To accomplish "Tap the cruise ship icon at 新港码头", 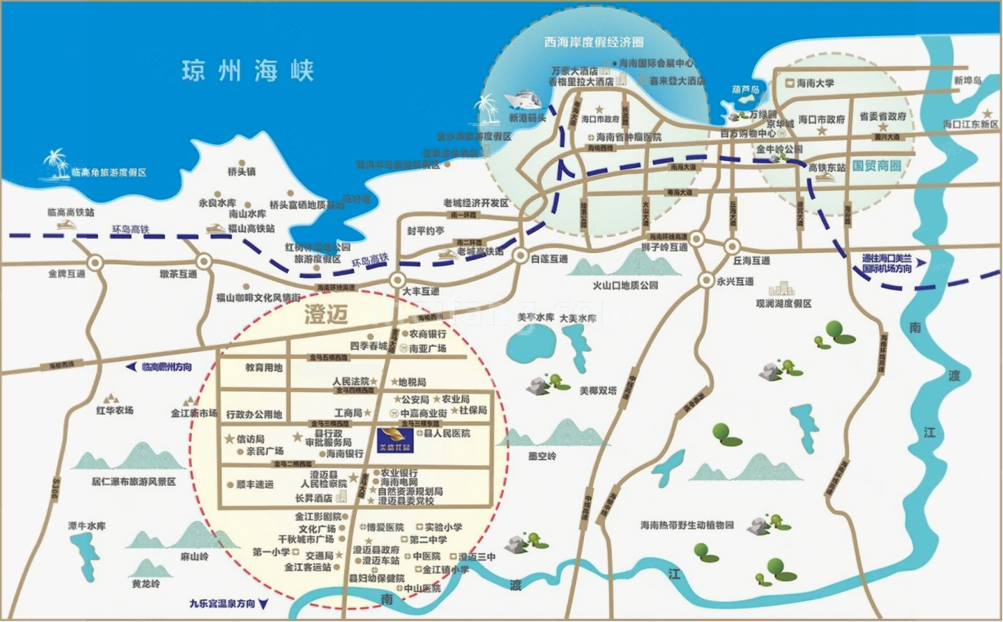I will (527, 99).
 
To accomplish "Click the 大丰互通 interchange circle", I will (398, 280).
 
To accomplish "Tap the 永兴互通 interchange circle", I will (706, 280).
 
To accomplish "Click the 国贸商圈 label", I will (877, 165).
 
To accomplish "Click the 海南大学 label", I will (815, 83).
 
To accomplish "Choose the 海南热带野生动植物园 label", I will (687, 525).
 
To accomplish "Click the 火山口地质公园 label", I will (624, 285).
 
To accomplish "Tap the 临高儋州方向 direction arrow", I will (131, 366).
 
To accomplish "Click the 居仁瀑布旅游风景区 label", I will (133, 482).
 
